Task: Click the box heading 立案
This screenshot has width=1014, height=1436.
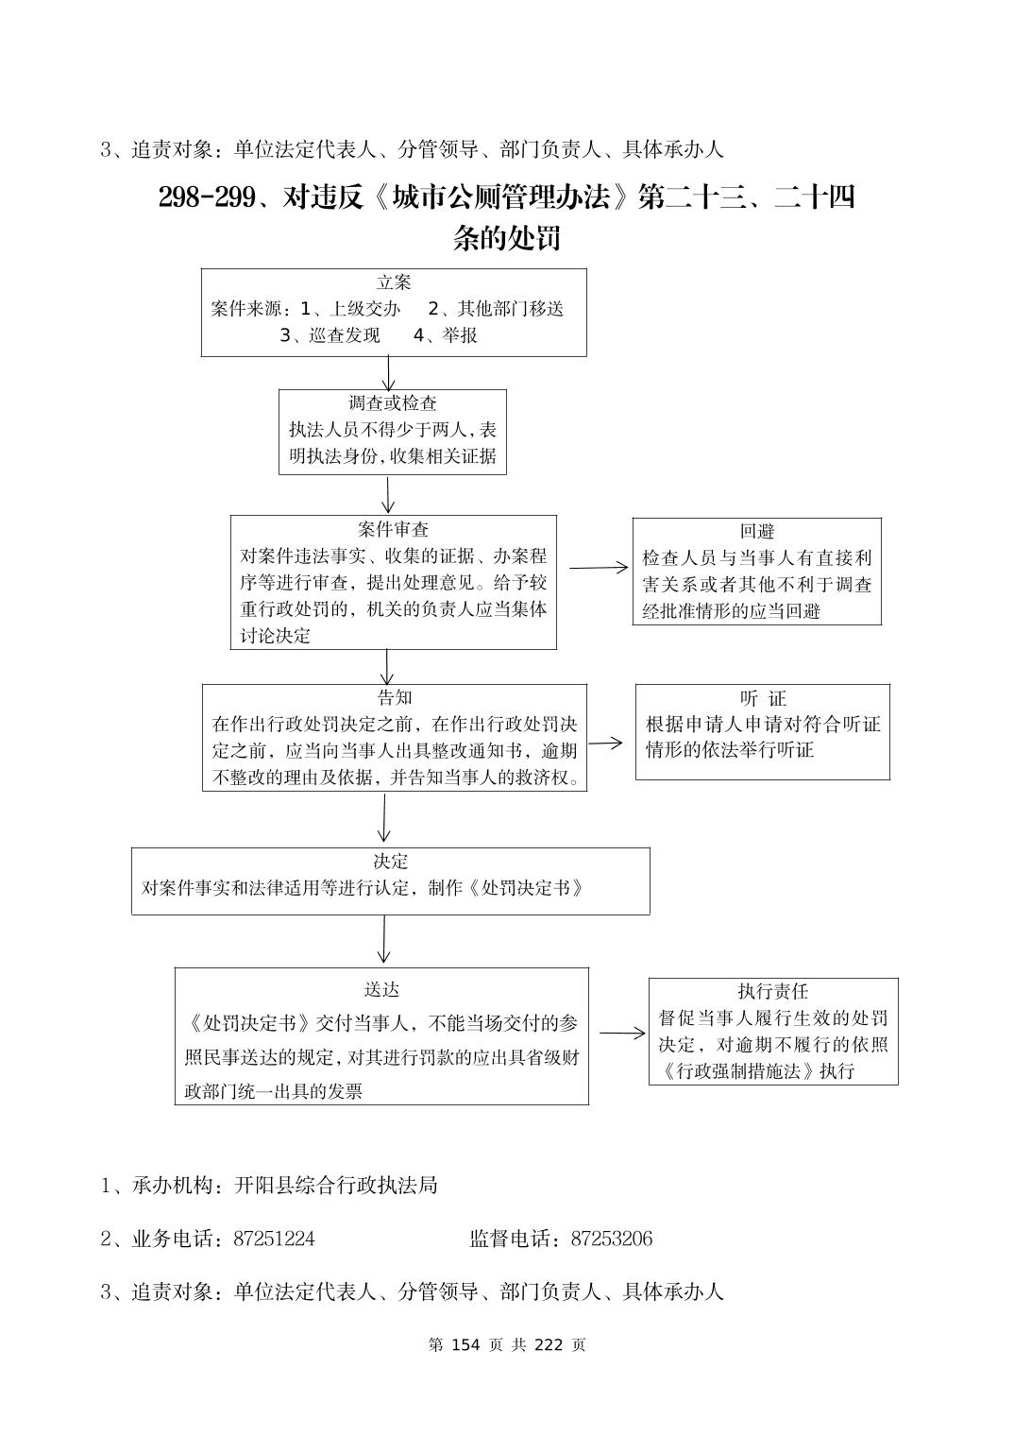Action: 394,282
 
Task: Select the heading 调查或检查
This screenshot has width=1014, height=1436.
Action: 393,403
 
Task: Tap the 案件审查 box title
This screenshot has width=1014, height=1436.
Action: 393,529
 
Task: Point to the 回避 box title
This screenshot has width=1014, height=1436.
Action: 756,532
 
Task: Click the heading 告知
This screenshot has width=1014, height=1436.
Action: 394,698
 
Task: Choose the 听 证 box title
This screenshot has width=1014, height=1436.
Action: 763,699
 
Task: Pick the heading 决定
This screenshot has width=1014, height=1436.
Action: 390,862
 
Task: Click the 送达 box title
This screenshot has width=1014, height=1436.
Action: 381,989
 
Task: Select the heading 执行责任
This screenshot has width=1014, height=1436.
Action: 773,991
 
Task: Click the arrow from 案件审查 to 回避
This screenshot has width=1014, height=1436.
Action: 598,568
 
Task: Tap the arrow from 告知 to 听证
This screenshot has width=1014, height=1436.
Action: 605,743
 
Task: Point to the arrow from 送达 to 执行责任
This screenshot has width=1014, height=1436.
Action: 622,1033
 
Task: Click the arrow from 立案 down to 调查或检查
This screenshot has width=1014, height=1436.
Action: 389,372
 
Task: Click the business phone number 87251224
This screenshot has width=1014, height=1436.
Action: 274,1239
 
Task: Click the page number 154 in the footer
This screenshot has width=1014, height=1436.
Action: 467,1344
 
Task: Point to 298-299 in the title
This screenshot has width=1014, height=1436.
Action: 207,197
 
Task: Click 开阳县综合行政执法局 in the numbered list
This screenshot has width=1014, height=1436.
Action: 336,1185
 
